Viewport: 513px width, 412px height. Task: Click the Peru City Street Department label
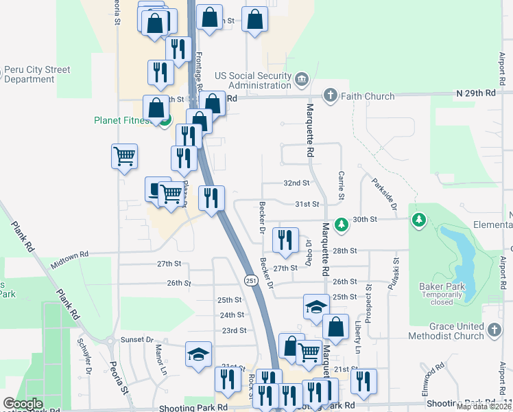[x=38, y=74]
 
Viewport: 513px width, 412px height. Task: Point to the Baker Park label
[x=442, y=286]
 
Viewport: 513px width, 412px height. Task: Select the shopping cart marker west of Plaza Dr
[x=124, y=156]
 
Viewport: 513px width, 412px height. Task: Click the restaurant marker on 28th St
[x=285, y=239]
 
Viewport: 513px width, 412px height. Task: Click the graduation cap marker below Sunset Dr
[x=198, y=354]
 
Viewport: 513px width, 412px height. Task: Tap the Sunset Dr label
[x=137, y=340]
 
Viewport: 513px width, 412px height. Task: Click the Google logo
[x=23, y=404]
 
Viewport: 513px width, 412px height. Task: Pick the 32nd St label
[x=297, y=183]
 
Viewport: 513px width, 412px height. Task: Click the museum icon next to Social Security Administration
[x=301, y=81]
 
